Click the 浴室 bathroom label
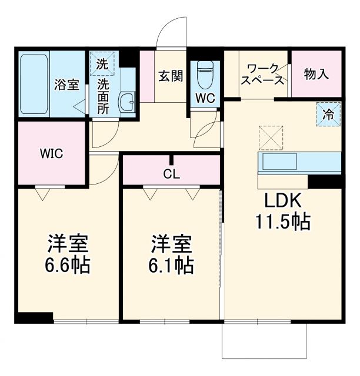click(66, 85)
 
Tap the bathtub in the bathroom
click(34, 84)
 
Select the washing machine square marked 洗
click(102, 62)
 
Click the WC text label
click(205, 98)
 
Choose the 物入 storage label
click(316, 75)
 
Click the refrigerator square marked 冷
click(328, 114)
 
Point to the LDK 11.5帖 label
click(282, 211)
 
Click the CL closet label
click(172, 174)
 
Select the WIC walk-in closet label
click(51, 154)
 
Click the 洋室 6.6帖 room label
click(68, 254)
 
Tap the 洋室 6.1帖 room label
click(172, 254)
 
